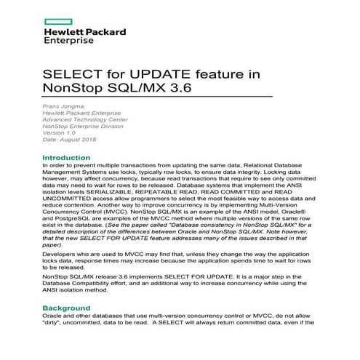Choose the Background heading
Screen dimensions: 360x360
coord(71,329)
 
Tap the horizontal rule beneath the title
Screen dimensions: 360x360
coord(158,98)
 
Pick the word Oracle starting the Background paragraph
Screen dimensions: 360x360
coord(54,340)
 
